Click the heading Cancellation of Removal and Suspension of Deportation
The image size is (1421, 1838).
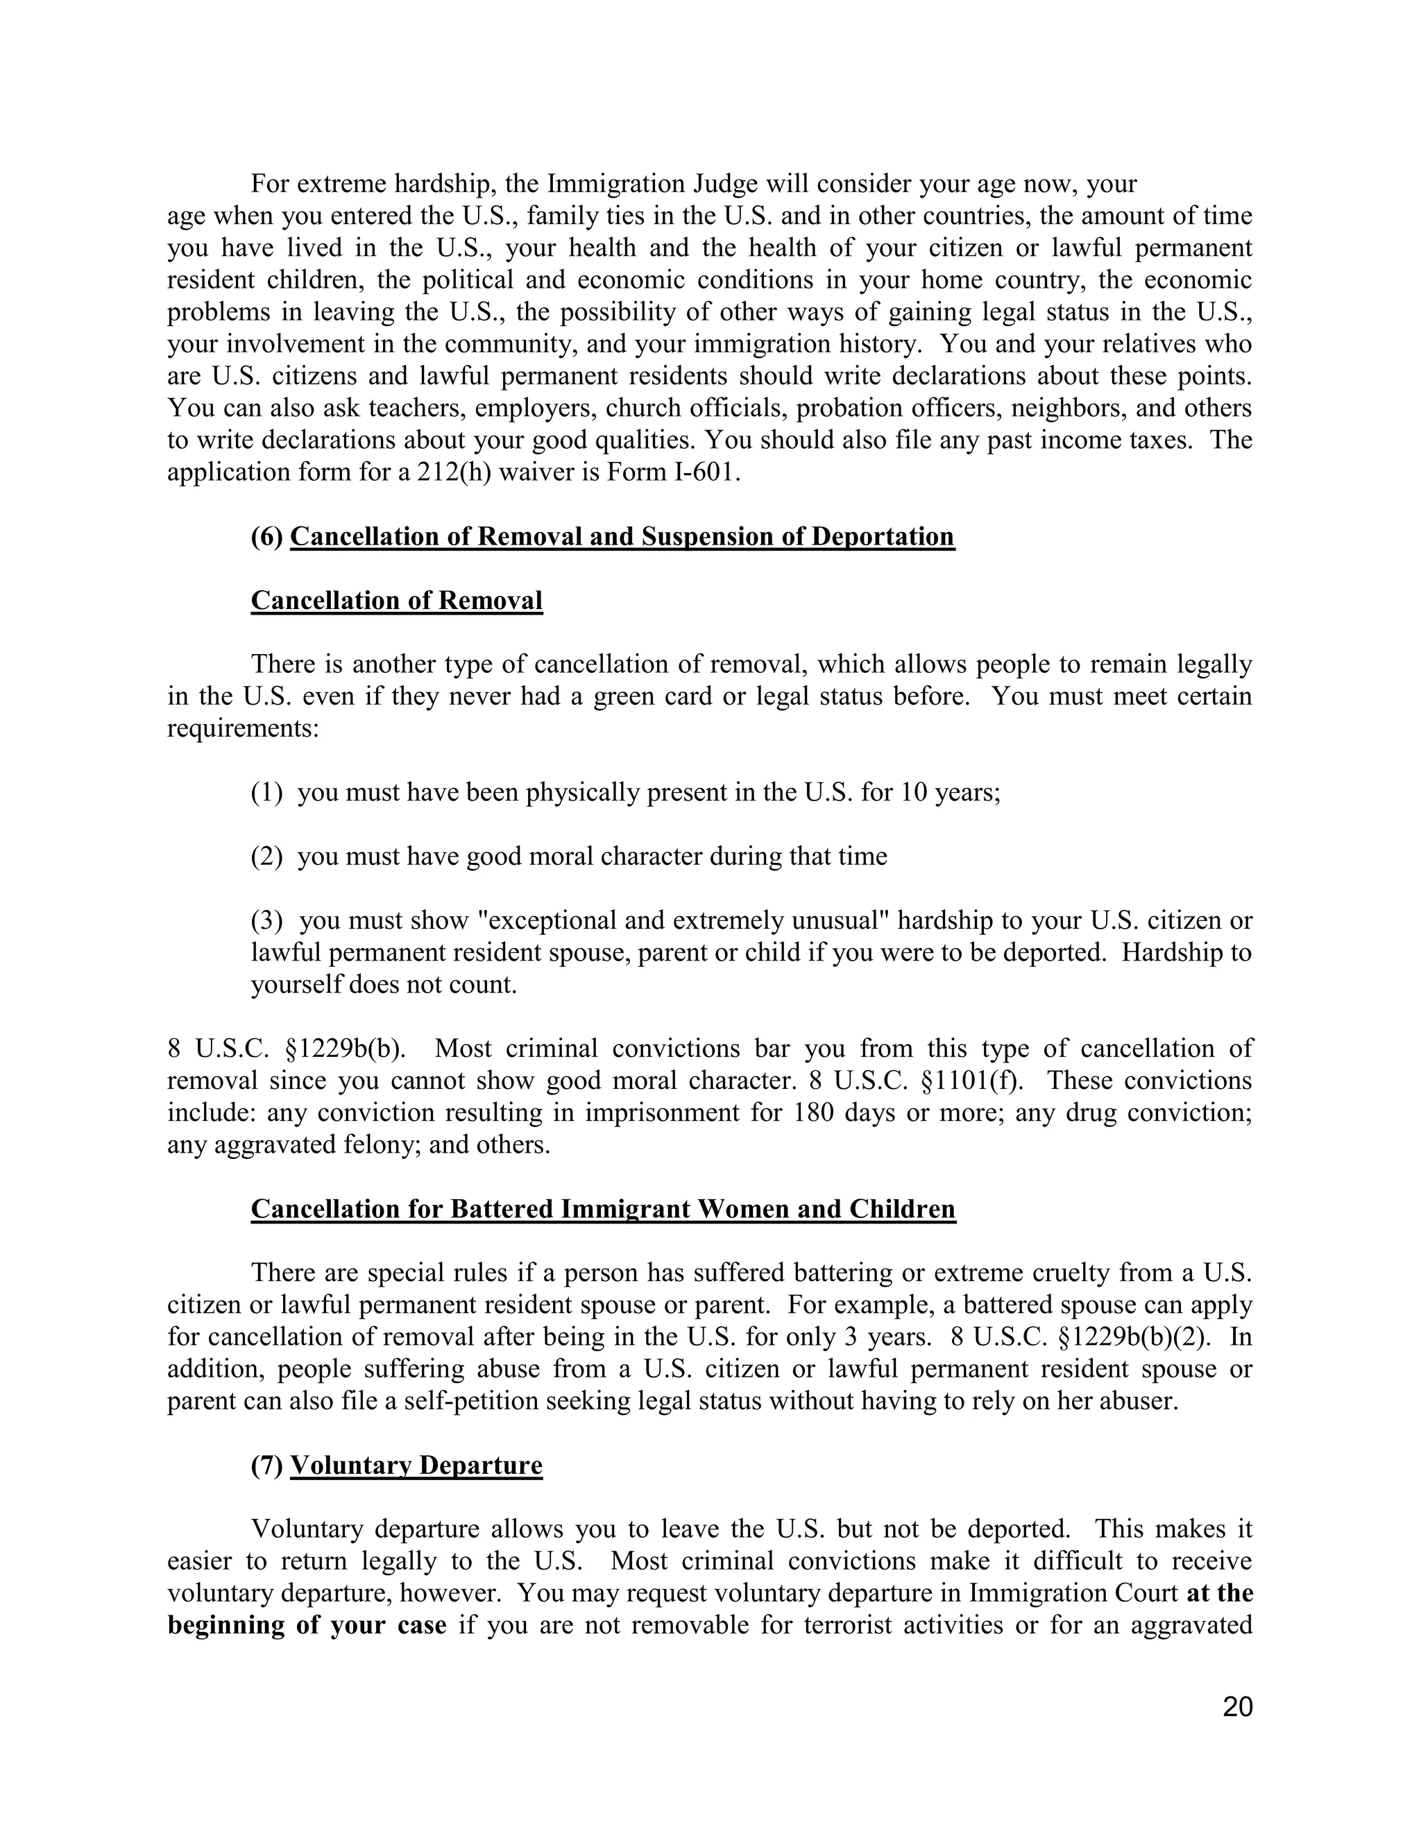click(622, 537)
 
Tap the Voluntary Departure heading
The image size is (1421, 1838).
click(416, 1465)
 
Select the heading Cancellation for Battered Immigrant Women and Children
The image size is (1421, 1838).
click(603, 1210)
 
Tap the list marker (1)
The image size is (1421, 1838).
click(267, 793)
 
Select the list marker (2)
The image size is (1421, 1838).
click(267, 857)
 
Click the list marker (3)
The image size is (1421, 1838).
click(267, 920)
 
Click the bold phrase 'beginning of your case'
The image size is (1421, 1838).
click(307, 1625)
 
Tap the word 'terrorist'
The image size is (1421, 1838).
click(852, 1625)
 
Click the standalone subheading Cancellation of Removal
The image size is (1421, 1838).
click(396, 601)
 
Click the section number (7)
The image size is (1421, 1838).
click(267, 1465)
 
